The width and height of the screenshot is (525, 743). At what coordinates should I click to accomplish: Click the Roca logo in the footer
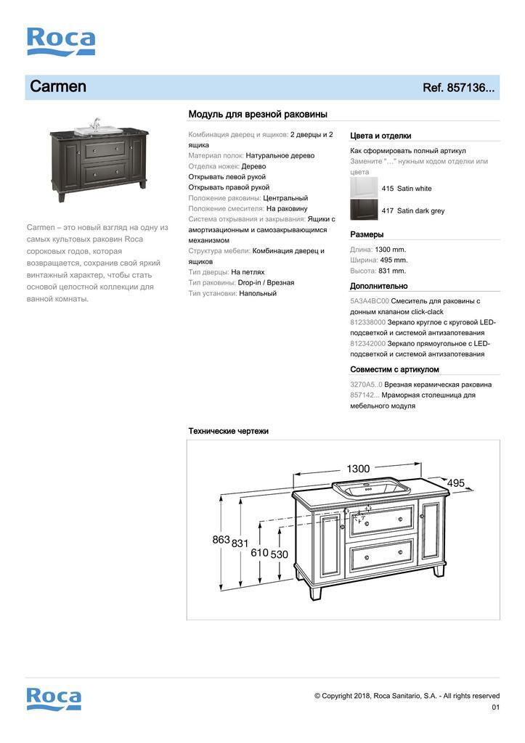(54, 698)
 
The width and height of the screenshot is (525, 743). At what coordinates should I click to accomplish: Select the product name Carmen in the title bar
(58, 87)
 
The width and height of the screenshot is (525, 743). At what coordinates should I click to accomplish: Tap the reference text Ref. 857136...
(458, 89)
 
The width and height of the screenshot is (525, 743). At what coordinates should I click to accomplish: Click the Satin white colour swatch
(364, 188)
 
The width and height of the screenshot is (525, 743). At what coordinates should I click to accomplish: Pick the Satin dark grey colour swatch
(364, 210)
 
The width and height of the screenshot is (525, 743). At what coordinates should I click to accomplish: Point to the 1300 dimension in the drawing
(357, 469)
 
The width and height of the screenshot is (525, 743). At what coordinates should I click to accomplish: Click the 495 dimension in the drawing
(455, 483)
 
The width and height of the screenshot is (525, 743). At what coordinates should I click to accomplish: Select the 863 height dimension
(221, 540)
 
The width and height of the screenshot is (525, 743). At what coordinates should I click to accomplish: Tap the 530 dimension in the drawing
(280, 554)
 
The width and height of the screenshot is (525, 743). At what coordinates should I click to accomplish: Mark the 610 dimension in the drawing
(259, 553)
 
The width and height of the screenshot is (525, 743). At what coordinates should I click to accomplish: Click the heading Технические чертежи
(229, 431)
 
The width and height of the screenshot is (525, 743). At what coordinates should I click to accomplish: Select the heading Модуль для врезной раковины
(258, 115)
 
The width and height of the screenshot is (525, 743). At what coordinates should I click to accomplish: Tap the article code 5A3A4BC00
(370, 300)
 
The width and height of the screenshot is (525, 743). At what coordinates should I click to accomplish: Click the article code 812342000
(367, 343)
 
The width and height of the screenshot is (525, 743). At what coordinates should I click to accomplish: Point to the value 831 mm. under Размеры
(392, 271)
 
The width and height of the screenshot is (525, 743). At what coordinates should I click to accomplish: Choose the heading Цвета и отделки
(380, 136)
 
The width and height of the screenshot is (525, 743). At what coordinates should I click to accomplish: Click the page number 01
(495, 707)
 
